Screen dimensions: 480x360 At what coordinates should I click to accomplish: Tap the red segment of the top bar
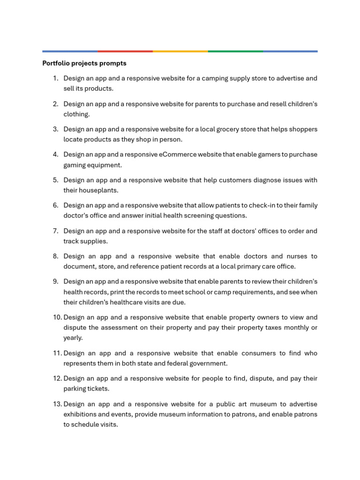pos(125,51)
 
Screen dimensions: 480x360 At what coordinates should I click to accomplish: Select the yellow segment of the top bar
pos(180,51)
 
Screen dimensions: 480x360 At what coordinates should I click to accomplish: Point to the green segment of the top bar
pos(235,51)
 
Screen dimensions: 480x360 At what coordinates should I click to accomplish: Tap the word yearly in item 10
pos(73,337)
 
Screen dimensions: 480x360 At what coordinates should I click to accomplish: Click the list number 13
pos(56,404)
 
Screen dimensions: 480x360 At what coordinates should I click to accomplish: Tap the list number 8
pos(55,256)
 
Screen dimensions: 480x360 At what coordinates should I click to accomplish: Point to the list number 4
pos(55,154)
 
